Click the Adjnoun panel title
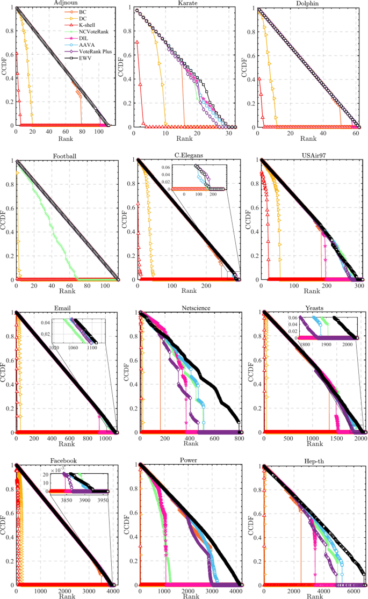coord(62,3)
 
